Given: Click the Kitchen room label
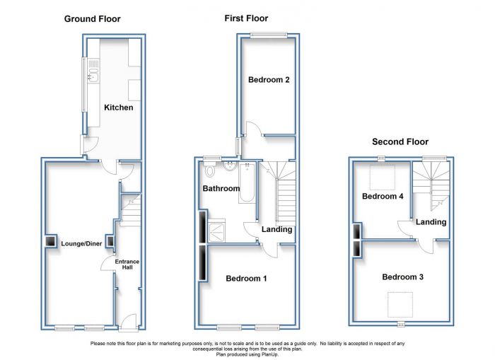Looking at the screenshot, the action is pos(118,108).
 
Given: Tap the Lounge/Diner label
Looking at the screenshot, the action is pos(81,243).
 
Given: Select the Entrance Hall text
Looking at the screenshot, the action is pos(127,265).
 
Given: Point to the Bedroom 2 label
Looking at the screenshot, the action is pos(269,80).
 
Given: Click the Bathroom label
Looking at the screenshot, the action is pos(221,189).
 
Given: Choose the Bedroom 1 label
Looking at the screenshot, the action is pos(246,279).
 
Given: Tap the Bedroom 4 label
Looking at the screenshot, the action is pos(383,197).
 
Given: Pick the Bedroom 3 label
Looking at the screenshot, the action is pos(402,277).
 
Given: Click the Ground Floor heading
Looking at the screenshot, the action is pos(92,19).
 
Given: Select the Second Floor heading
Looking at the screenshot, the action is pos(400,141).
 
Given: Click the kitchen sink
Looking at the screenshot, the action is pos(94,76).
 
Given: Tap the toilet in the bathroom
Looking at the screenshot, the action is pos(209,169).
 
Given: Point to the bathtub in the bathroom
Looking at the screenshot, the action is pos(247,183).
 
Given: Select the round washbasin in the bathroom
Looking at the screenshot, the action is pos(230,166).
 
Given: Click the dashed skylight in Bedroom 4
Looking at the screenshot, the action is pos(383,178).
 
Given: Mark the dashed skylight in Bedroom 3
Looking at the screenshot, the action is pos(400,305).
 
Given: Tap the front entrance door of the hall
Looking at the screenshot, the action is pos(129,323).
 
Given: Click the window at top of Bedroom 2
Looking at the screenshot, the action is pos(269,35).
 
